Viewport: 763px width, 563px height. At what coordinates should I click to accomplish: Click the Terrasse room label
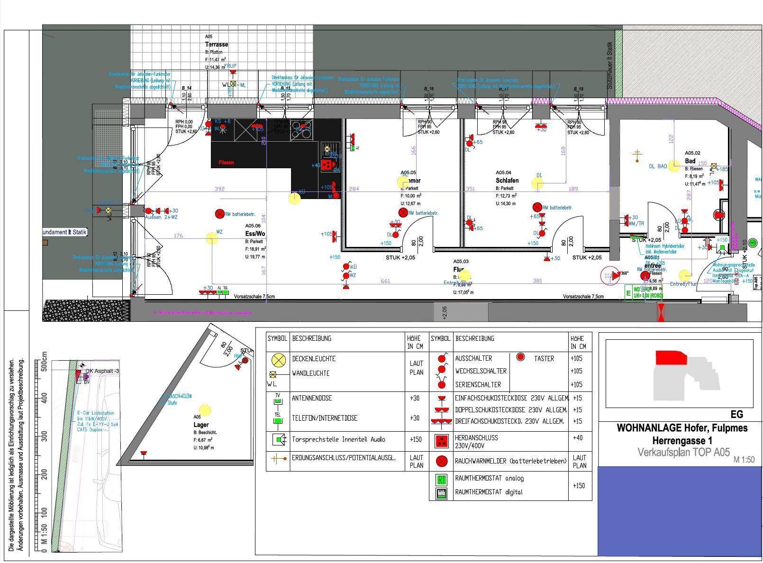pos(216,45)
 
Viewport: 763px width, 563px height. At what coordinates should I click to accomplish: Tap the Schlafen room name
pos(507,181)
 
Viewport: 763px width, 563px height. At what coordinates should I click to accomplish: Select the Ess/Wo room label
pos(255,234)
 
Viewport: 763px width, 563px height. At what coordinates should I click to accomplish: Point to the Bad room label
pos(690,161)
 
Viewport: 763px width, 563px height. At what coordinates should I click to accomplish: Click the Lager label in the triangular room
pos(201,425)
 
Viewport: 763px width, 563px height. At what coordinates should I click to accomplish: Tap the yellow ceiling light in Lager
pos(205,410)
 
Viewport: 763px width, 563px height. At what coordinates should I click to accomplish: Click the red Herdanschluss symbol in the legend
pos(442,441)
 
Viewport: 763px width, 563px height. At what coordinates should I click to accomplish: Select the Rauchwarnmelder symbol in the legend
pos(442,461)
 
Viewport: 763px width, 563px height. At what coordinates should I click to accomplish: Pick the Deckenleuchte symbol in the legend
pos(278,360)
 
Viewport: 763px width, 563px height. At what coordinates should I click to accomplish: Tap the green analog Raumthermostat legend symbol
pos(442,480)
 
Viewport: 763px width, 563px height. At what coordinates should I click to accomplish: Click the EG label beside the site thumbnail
pos(736,415)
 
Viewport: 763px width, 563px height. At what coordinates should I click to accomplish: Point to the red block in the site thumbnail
pos(671,358)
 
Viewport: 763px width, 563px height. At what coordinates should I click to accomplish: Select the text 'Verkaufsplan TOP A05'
pos(683,452)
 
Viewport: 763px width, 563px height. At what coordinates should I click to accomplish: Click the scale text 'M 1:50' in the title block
pos(744,460)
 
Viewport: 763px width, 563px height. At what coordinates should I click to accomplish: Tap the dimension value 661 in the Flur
pos(385,281)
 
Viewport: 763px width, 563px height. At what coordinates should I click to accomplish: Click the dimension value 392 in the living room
pos(219,189)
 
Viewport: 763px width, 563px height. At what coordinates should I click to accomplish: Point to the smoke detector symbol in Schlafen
pos(537,208)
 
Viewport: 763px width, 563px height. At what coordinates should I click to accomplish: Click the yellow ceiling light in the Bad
pos(673,167)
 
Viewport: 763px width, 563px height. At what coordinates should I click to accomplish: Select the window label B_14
pos(187,88)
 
